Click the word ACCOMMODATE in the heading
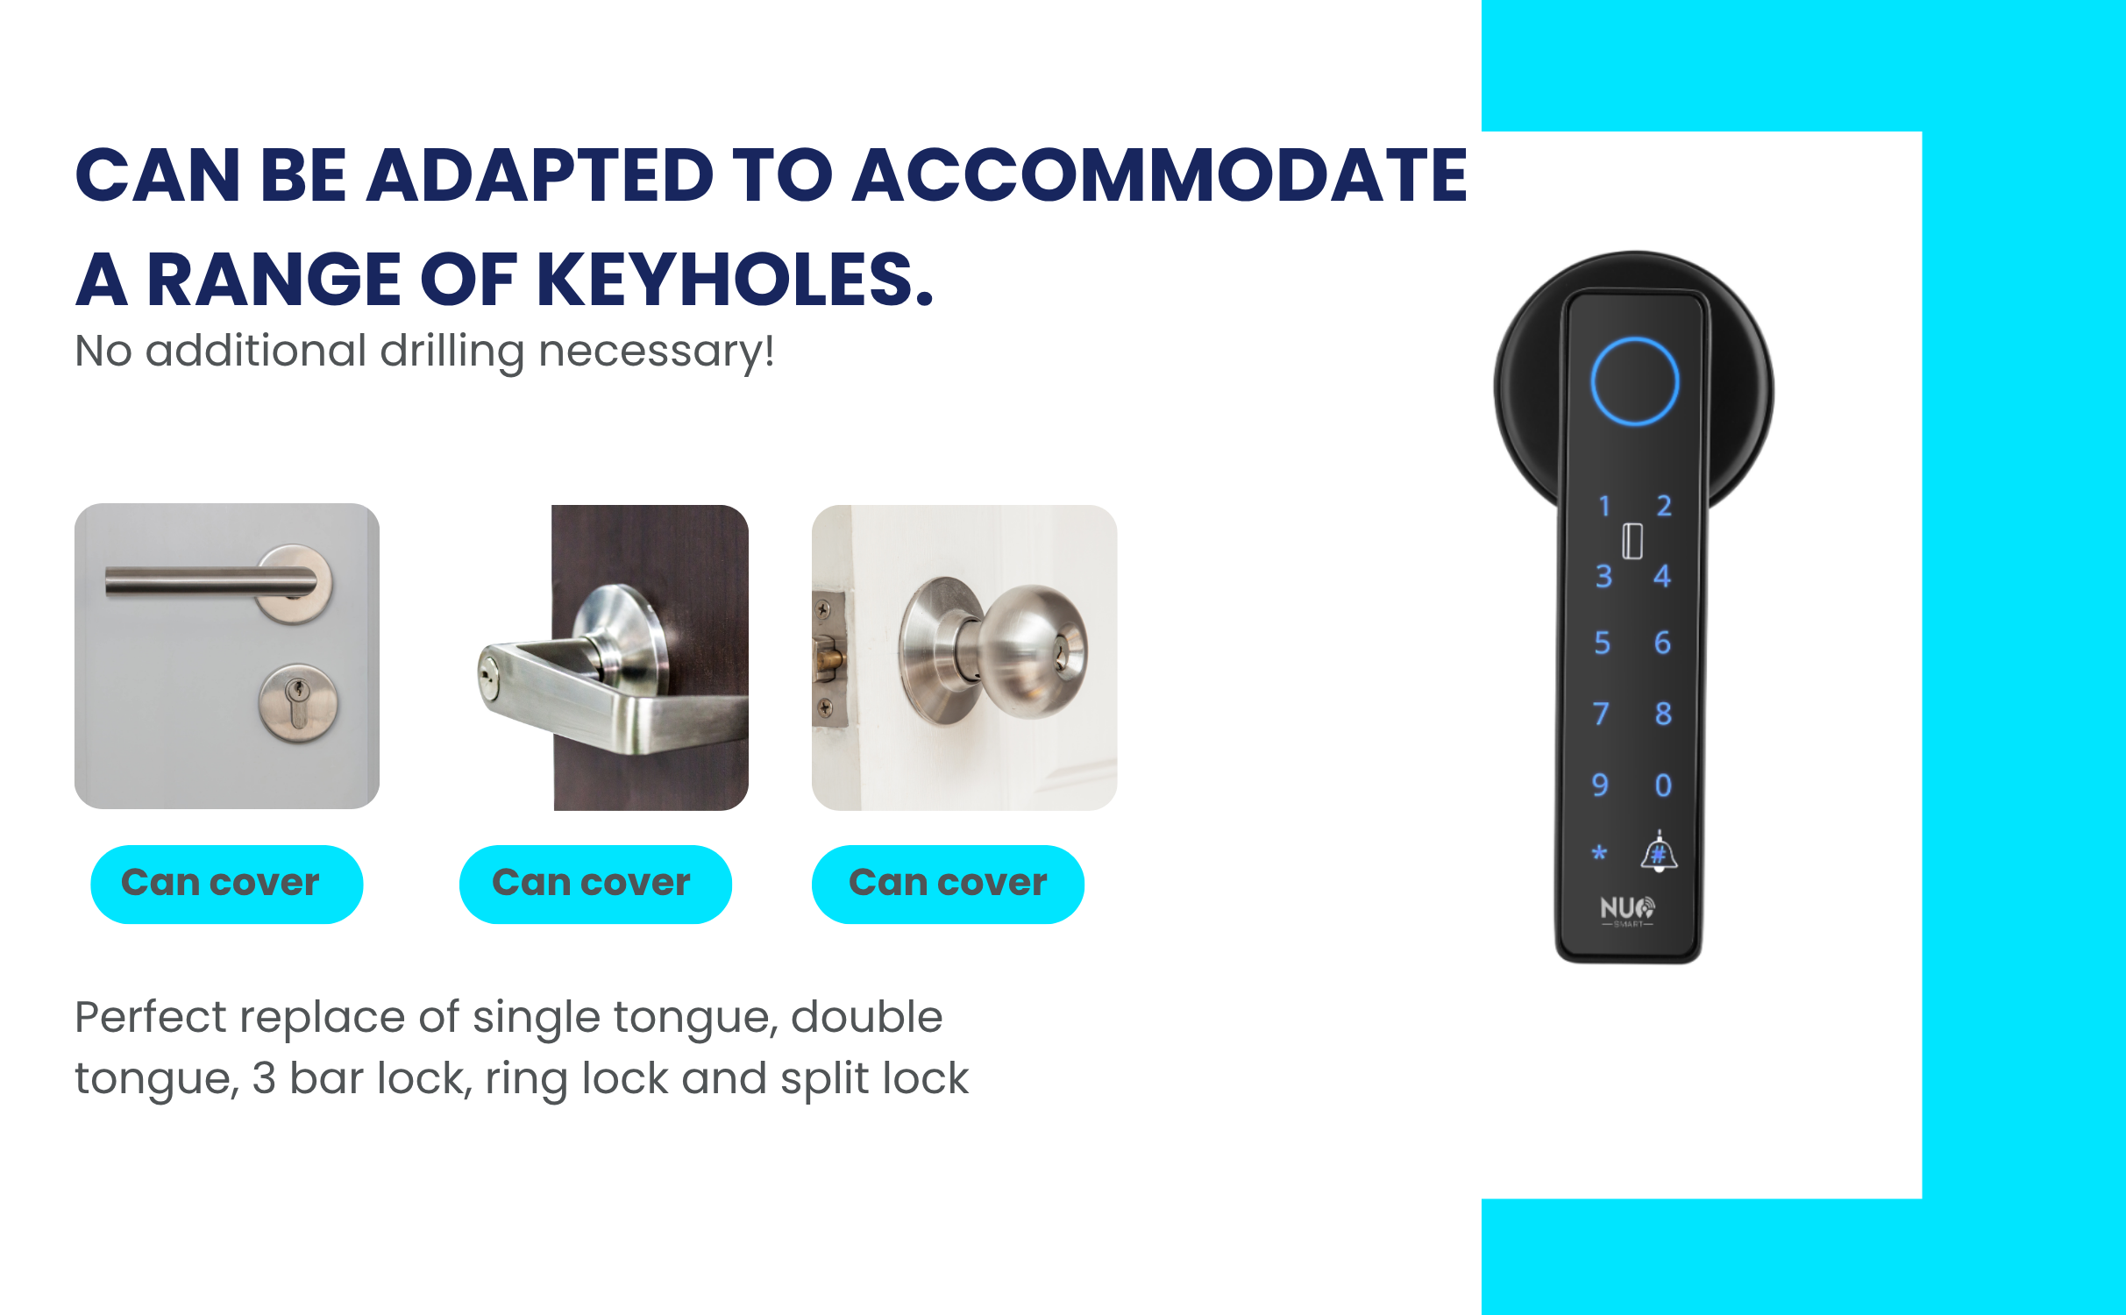[1160, 175]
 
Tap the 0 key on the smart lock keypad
[1663, 785]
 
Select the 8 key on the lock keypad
[1663, 714]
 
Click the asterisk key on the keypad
[1599, 852]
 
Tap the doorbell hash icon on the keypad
[1659, 851]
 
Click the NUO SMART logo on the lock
[1628, 911]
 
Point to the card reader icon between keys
[1632, 541]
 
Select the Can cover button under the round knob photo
[948, 884]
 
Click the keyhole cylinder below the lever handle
[298, 703]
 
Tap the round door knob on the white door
[1032, 650]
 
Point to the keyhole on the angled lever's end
[487, 675]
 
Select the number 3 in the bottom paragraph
[264, 1079]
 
